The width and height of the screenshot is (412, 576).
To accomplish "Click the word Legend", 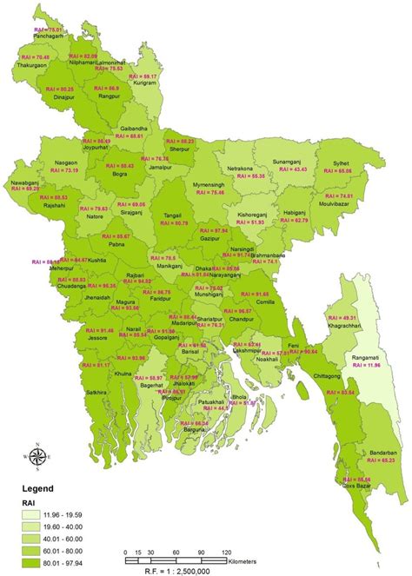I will point(31,490).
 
